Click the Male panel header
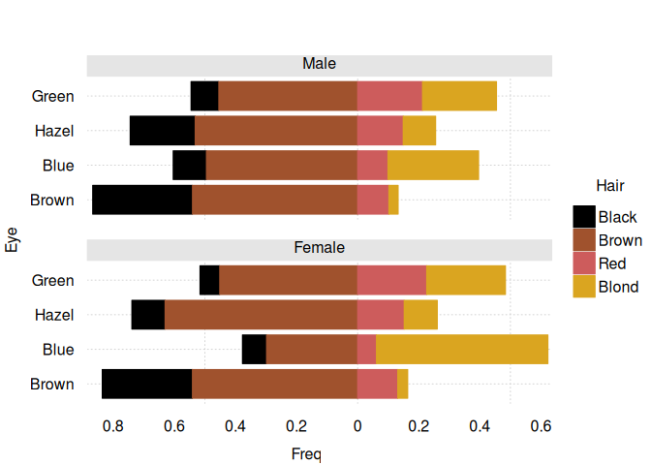pos(319,65)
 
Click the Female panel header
pos(319,249)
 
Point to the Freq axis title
pos(306,452)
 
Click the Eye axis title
pos(13,238)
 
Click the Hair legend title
pos(609,185)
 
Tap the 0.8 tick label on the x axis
pos(112,425)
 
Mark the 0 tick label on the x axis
pos(356,425)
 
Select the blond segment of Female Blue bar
pos(462,350)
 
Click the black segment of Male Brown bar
pos(141,200)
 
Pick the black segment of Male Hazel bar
pos(162,131)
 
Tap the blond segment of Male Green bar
pos(459,96)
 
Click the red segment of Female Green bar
pos(391,280)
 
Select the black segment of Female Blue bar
pos(254,350)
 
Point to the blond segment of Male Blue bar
pos(433,166)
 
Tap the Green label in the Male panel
pos(53,96)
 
